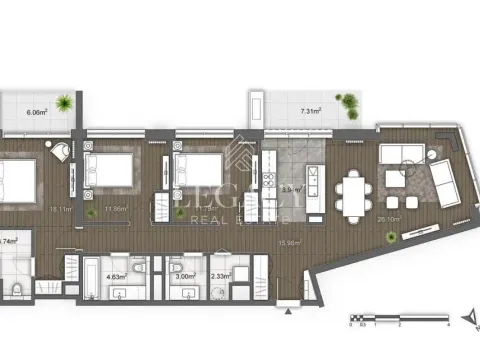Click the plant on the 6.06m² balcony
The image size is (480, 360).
coord(63,101)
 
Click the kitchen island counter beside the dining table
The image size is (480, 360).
coord(313,186)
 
